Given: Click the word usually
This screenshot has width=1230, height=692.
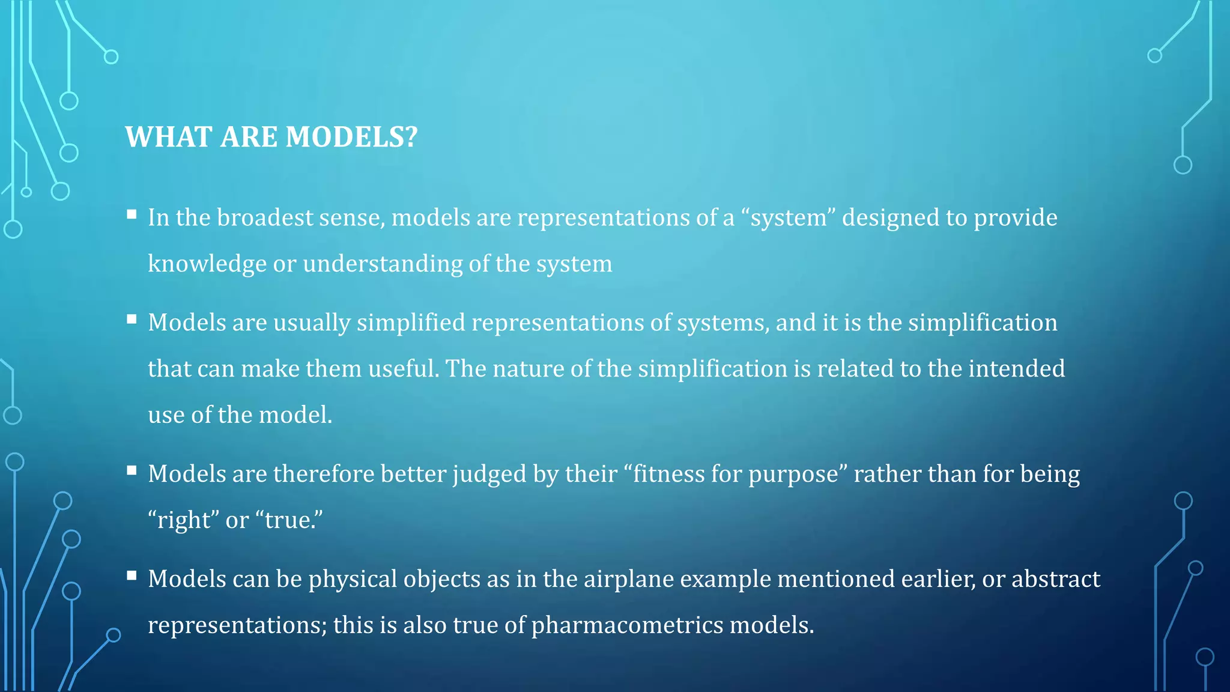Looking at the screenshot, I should (312, 323).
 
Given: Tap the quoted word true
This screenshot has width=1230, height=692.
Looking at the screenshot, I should (291, 520).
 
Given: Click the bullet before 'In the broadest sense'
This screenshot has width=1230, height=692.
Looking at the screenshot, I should (132, 214).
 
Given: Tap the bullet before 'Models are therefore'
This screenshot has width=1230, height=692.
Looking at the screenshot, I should (132, 470).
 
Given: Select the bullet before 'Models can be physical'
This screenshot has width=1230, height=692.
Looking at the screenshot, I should (132, 575).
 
